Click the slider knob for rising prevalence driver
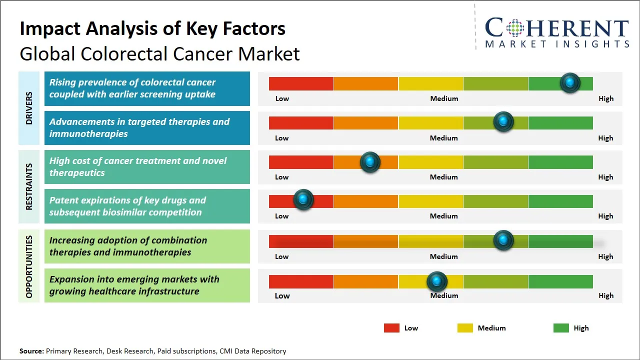570,83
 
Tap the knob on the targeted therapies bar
503,121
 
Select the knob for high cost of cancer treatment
370,162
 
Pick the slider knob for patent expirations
303,199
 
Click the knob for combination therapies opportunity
503,240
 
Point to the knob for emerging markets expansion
437,281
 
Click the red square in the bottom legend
391,328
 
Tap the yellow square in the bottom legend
465,328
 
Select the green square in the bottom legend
561,328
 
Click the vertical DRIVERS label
29,108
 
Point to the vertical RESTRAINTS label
29,186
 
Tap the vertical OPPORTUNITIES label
29,266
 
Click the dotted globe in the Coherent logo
515,28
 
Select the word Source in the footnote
31,351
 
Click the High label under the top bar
606,98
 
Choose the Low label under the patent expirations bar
281,216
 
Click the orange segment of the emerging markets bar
365,281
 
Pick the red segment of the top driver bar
301,83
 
